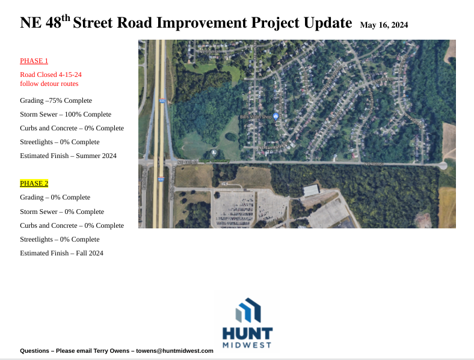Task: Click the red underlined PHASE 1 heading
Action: [x=34, y=61]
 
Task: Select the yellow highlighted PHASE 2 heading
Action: [x=34, y=183]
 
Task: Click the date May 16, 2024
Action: [x=384, y=25]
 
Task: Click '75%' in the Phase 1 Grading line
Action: [x=56, y=100]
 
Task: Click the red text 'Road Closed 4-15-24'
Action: [x=51, y=75]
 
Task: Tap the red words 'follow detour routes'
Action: [x=49, y=84]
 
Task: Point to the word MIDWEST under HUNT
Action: [x=247, y=345]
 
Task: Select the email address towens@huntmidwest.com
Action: [x=174, y=350]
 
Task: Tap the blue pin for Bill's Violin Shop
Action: [x=276, y=117]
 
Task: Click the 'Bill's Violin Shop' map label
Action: [x=255, y=117]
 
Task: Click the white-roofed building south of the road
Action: [x=312, y=190]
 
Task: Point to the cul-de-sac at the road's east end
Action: [x=443, y=165]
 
